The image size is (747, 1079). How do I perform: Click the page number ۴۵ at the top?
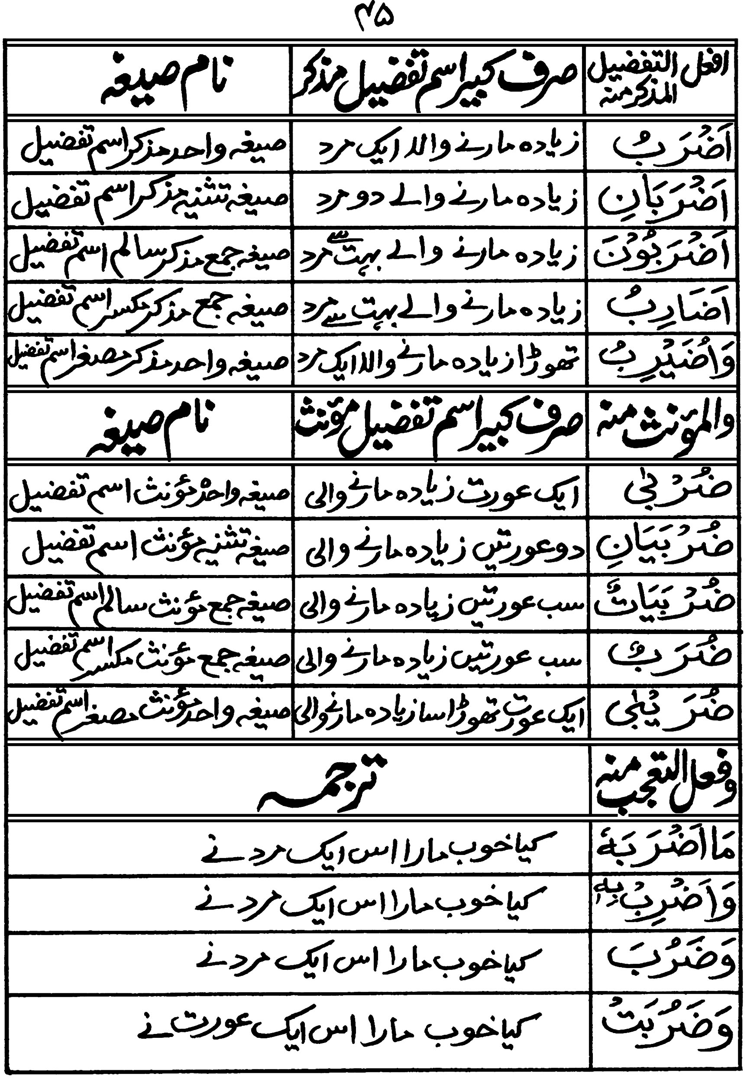click(372, 19)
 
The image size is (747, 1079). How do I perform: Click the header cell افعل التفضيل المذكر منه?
click(664, 80)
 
